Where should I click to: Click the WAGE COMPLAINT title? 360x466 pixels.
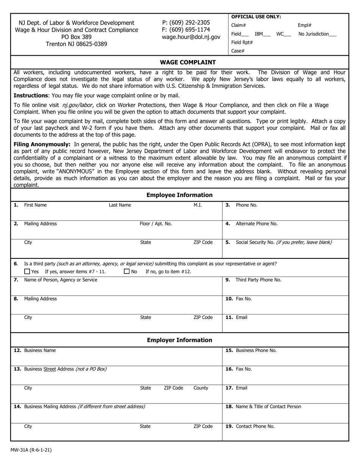188,62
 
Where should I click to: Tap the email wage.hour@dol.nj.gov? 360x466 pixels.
191,37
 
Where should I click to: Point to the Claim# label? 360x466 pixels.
238,25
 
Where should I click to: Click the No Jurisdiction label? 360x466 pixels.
317,34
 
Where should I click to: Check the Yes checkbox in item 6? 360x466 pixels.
27,271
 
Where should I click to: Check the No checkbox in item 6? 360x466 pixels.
127,271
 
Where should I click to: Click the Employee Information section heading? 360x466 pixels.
180,195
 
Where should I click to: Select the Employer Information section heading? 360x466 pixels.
180,340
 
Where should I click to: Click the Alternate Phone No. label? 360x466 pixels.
257,224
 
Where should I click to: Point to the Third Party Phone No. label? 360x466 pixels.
258,280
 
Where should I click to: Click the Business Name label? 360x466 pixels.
40,350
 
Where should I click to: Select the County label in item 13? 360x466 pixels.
201,388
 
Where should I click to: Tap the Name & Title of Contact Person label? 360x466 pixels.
268,407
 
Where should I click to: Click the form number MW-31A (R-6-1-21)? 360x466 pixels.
31,450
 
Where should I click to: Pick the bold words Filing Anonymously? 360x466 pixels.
42,144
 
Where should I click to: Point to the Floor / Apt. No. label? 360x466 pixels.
156,224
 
